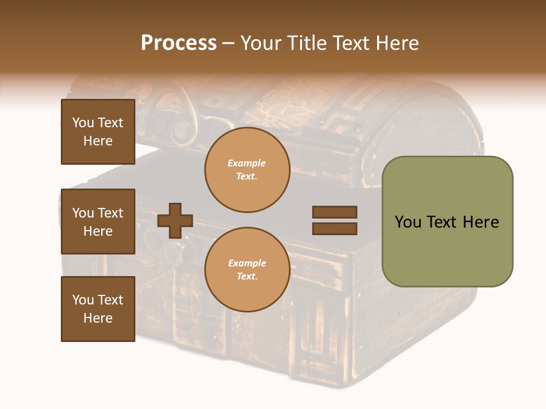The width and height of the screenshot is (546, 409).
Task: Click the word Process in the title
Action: click(179, 43)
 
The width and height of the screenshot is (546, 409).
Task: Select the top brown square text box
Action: click(98, 132)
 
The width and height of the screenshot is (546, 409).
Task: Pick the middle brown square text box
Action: click(98, 222)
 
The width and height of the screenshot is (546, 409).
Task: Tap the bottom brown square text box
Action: click(98, 309)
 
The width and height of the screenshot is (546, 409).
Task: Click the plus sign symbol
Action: click(175, 220)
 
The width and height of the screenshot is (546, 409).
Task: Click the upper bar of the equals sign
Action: click(334, 212)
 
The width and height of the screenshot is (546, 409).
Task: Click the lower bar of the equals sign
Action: click(334, 228)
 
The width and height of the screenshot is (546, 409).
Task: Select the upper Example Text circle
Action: click(247, 169)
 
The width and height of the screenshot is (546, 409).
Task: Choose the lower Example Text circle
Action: click(247, 269)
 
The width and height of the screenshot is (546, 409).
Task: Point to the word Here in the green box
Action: click(481, 222)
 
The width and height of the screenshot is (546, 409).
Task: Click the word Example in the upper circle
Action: click(247, 163)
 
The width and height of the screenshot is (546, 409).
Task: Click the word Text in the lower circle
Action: click(247, 277)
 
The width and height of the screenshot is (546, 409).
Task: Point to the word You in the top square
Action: click(83, 123)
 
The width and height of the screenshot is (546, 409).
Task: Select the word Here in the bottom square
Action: click(98, 318)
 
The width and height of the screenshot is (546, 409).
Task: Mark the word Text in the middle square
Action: click(110, 213)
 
